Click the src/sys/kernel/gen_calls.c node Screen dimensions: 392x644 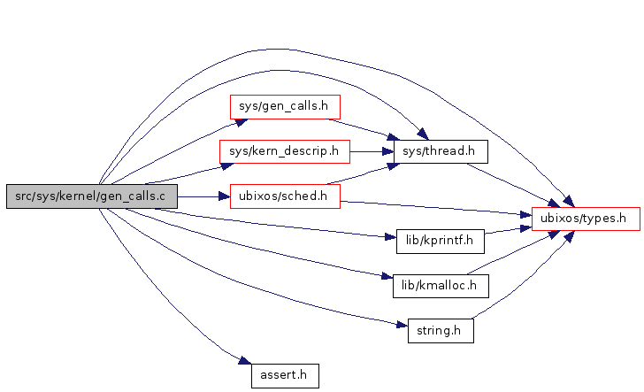(91, 196)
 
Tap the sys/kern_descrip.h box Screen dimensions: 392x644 (284, 151)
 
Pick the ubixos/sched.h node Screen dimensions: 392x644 (285, 196)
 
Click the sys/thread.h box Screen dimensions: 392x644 (440, 151)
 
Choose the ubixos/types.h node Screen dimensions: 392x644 (585, 218)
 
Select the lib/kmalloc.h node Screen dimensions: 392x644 (440, 285)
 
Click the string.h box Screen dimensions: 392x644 (440, 333)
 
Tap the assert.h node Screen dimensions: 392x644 (284, 375)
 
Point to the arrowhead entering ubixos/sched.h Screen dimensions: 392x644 (223, 196)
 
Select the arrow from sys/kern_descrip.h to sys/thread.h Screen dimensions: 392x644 (372, 151)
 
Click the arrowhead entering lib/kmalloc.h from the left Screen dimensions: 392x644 (387, 279)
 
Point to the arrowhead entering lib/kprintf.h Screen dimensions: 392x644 (381, 236)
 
